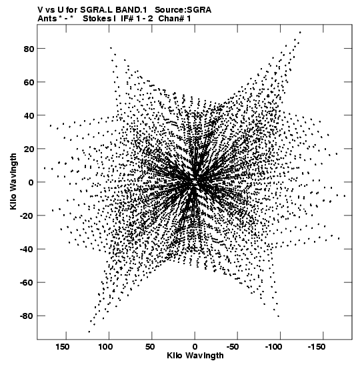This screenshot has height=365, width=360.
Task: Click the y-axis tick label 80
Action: click(x=29, y=49)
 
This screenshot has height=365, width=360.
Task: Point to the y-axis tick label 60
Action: click(x=29, y=82)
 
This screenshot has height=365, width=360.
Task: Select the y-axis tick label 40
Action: click(x=29, y=115)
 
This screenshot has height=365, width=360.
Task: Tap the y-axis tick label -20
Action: click(x=27, y=216)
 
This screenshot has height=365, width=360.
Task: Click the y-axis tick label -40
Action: click(x=27, y=250)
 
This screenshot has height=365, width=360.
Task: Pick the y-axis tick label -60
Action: click(x=27, y=283)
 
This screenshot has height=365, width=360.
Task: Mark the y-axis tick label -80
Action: click(x=27, y=316)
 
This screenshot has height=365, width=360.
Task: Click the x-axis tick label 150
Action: click(x=62, y=347)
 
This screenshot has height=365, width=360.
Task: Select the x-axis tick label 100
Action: click(x=105, y=347)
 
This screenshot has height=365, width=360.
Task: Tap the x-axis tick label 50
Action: click(x=150, y=347)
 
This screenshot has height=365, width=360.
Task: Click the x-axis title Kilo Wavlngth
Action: click(x=195, y=356)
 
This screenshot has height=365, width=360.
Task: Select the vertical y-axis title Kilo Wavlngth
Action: click(x=13, y=181)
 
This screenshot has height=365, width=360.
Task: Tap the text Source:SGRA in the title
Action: click(x=183, y=10)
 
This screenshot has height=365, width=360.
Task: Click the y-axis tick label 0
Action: click(x=31, y=183)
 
